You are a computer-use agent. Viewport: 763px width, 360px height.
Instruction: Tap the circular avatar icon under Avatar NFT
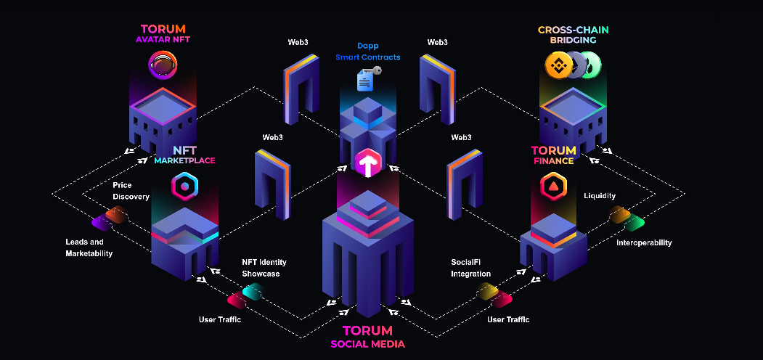click(x=163, y=65)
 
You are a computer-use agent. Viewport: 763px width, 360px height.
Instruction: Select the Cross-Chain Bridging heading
click(x=574, y=35)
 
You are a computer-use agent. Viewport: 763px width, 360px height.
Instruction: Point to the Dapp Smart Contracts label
click(x=368, y=52)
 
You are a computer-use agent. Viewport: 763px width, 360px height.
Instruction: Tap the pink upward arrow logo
click(x=368, y=163)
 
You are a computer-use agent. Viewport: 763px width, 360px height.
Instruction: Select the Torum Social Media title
click(x=368, y=337)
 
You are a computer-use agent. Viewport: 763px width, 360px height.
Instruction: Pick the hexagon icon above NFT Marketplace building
click(x=184, y=186)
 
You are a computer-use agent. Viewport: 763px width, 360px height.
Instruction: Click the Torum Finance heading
click(x=552, y=155)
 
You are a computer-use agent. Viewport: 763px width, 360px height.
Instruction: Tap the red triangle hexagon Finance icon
click(x=554, y=186)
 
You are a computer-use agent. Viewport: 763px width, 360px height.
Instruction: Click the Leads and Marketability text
click(x=89, y=247)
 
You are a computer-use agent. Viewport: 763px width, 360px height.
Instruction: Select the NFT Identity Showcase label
click(x=264, y=268)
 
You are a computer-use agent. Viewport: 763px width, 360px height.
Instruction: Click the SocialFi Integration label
click(x=470, y=268)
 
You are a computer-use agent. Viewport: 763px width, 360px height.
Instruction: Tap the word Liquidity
click(x=600, y=196)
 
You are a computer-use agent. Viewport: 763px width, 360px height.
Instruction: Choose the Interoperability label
click(x=644, y=242)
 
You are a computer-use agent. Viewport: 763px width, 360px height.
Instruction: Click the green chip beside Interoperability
click(x=635, y=223)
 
